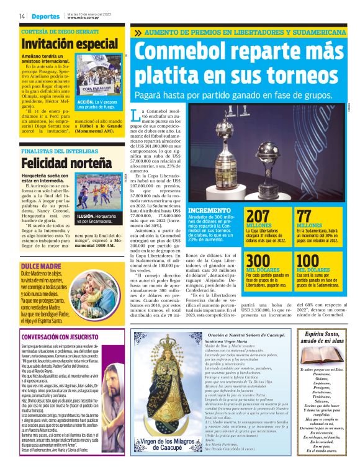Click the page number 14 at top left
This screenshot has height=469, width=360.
(x=22, y=16)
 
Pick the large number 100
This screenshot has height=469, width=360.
(x=308, y=261)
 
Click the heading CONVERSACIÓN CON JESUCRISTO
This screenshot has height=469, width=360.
(x=61, y=337)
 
